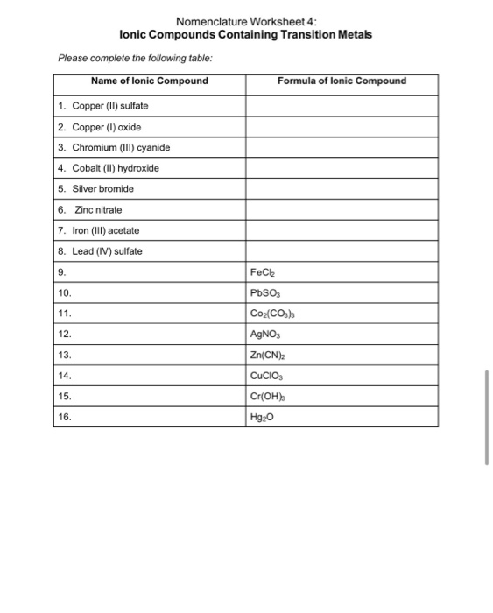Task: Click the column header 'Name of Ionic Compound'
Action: pyautogui.click(x=150, y=81)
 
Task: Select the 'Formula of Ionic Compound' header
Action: pyautogui.click(x=342, y=81)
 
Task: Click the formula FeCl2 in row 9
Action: pyautogui.click(x=265, y=273)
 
